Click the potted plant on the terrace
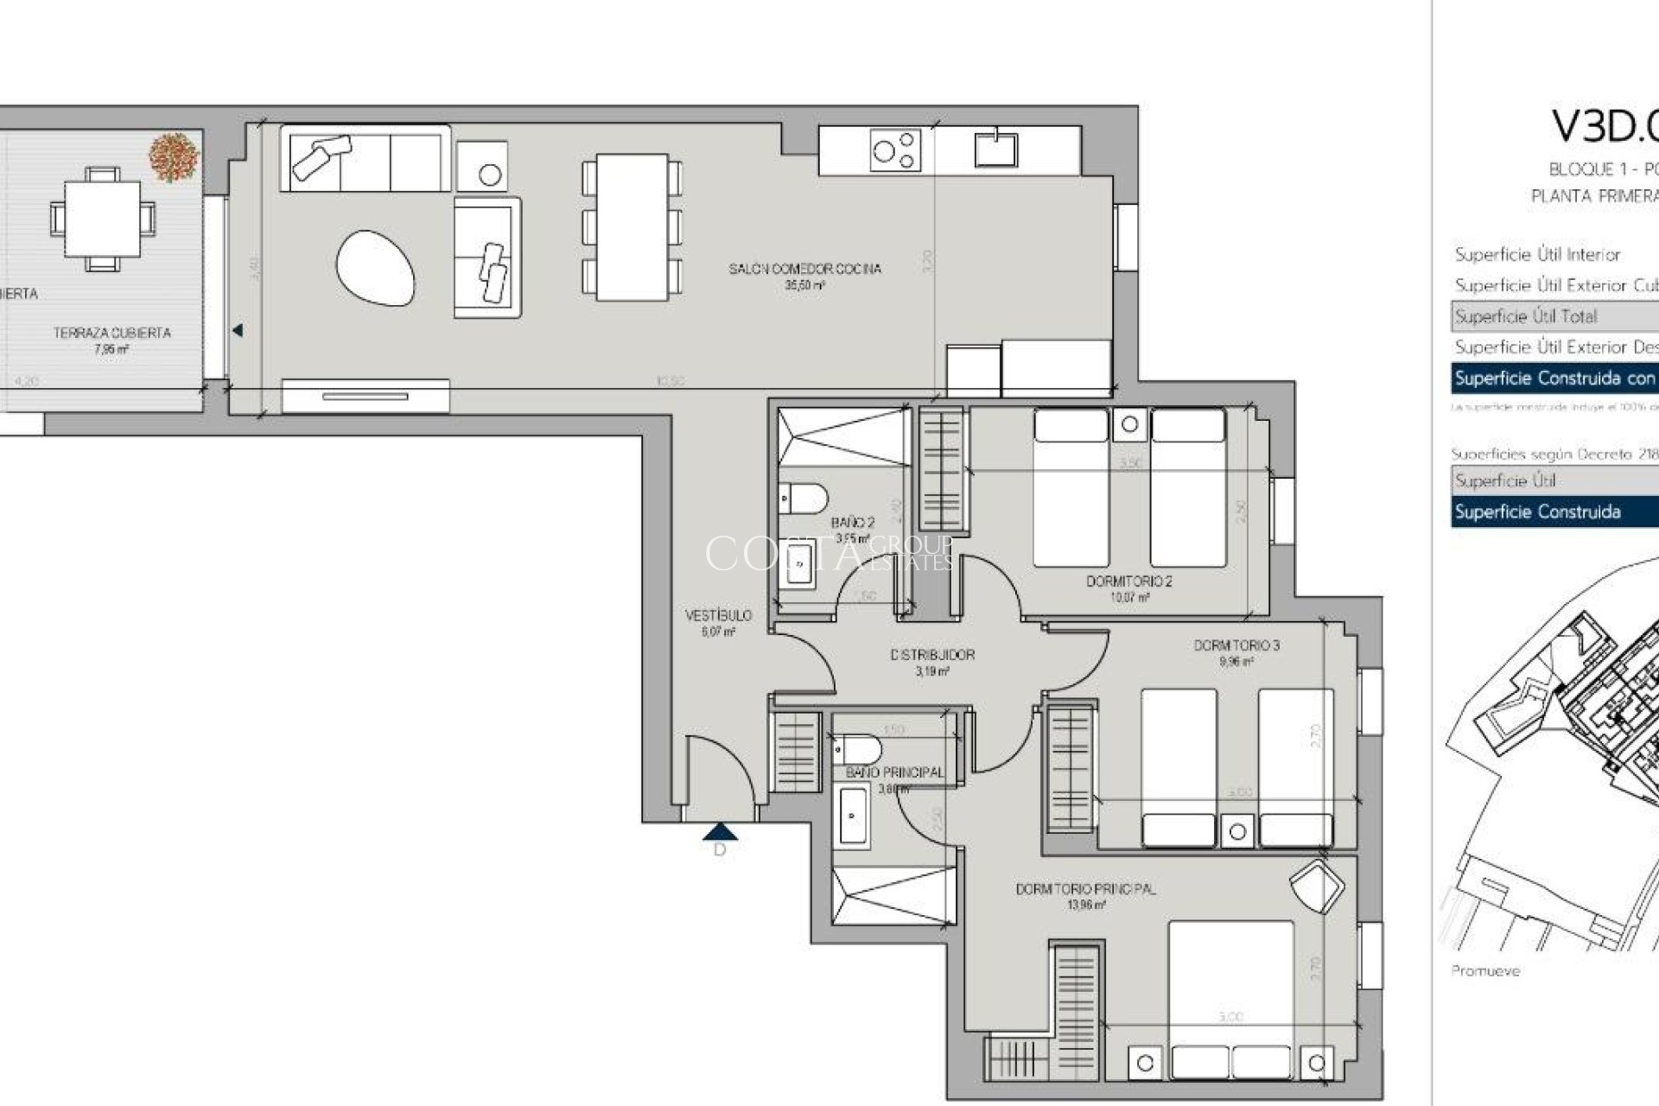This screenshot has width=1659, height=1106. pyautogui.click(x=174, y=157)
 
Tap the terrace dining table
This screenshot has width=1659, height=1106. pyautogui.click(x=102, y=218)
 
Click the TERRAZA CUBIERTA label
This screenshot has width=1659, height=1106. pyautogui.click(x=112, y=333)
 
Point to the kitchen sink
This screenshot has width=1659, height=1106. pyautogui.click(x=996, y=148)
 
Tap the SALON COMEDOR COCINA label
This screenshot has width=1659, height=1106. pyautogui.click(x=804, y=270)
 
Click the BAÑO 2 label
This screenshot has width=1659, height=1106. pyautogui.click(x=853, y=523)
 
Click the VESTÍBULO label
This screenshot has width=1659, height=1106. pyautogui.click(x=718, y=616)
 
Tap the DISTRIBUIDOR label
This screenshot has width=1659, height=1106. pyautogui.click(x=932, y=655)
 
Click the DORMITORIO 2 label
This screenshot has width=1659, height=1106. pyautogui.click(x=1128, y=582)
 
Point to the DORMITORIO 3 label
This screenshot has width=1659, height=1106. pyautogui.click(x=1236, y=645)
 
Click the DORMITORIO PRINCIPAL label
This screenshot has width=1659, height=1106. pyautogui.click(x=1085, y=889)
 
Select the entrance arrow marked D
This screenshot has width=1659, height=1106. pyautogui.click(x=720, y=833)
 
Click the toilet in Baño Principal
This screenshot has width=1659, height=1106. pyautogui.click(x=856, y=749)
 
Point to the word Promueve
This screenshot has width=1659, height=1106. pyautogui.click(x=1484, y=971)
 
